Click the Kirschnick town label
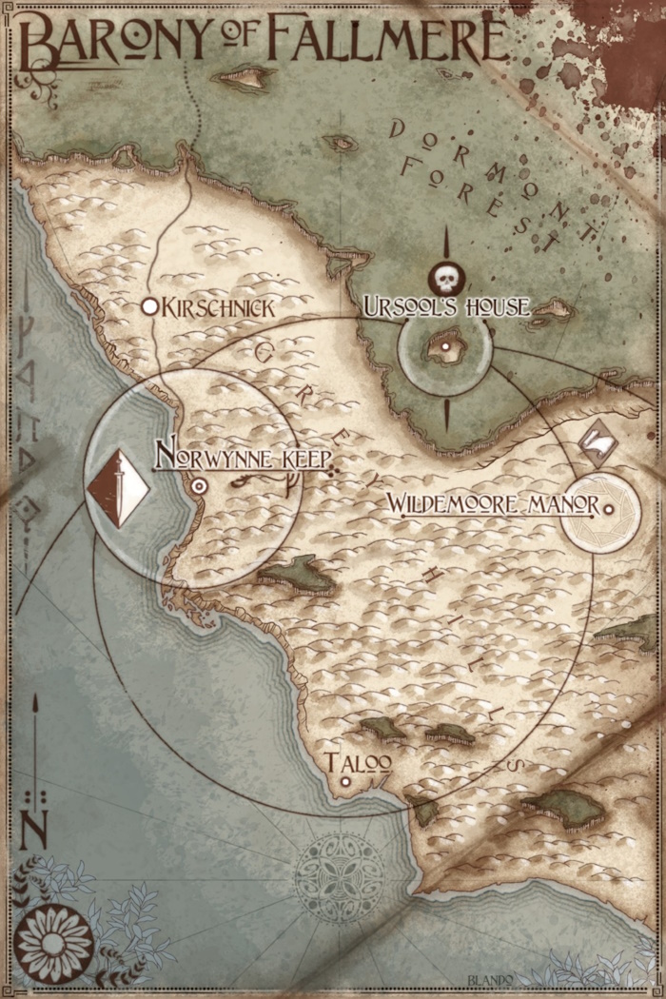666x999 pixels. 221,307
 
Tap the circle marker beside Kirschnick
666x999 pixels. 149,306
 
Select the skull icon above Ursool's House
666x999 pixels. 444,279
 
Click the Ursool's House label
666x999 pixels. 445,306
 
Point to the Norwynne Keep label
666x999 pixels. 243,457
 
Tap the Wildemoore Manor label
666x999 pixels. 492,504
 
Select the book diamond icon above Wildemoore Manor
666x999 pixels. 597,439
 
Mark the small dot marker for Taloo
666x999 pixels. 345,782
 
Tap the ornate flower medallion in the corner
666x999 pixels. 53,943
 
